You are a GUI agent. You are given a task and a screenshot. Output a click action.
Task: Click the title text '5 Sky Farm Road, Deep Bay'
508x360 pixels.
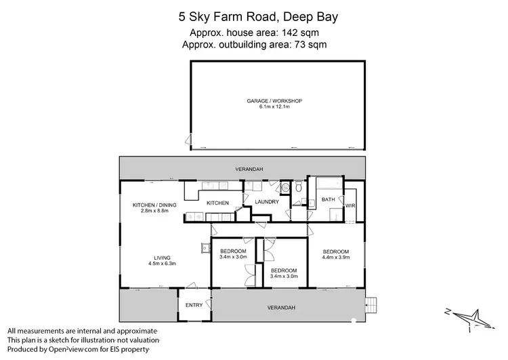pyautogui.click(x=254, y=13)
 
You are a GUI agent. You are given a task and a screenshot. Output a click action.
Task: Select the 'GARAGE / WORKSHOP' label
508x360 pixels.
pyautogui.click(x=274, y=101)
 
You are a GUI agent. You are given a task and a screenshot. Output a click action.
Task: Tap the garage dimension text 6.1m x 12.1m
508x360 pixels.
pyautogui.click(x=274, y=107)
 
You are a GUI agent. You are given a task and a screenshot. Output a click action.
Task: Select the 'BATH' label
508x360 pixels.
pyautogui.click(x=328, y=199)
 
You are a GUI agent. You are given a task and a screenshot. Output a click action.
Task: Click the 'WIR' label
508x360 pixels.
pyautogui.click(x=350, y=204)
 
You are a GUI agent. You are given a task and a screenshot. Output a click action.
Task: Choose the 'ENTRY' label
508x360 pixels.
pyautogui.click(x=194, y=305)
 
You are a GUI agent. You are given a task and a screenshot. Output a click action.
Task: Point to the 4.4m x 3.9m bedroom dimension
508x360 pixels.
pyautogui.click(x=336, y=257)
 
